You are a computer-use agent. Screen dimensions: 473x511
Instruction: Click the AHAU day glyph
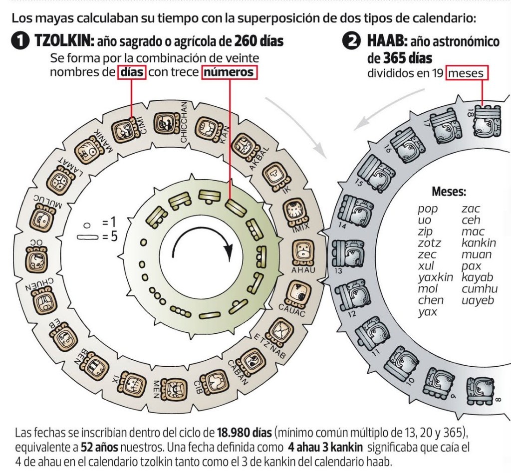point(302,252)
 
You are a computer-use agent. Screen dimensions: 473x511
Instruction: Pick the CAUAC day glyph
point(298,294)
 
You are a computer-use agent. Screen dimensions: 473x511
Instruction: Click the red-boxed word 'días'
point(132,73)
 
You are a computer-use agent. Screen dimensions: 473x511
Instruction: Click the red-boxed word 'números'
point(231,73)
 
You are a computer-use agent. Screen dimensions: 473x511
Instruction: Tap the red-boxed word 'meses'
point(467,73)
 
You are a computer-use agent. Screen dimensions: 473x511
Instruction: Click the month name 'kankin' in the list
point(479,243)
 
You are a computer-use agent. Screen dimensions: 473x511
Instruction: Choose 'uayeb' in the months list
point(477,300)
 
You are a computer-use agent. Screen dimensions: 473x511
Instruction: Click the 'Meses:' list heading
point(449,191)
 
